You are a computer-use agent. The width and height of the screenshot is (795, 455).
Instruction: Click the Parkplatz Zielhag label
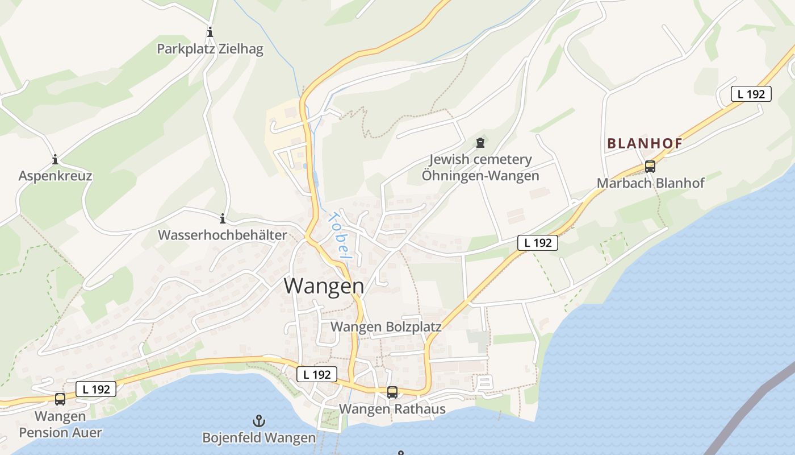210,49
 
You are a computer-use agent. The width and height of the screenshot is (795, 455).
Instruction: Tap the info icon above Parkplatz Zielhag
210,32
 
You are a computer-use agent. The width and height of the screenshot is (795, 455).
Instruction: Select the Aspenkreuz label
55,176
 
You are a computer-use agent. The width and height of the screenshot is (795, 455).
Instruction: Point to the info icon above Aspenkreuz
55,159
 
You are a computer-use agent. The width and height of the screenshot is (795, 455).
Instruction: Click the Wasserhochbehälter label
222,235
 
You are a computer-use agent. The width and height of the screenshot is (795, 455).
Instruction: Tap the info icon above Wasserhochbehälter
223,218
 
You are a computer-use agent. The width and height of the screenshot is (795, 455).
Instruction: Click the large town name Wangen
324,286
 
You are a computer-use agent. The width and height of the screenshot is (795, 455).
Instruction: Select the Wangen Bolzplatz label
386,327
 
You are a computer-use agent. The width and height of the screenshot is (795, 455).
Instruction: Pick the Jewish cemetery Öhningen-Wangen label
480,168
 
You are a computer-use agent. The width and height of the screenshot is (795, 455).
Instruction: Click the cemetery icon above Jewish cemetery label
480,142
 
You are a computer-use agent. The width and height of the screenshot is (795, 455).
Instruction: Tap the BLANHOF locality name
645,144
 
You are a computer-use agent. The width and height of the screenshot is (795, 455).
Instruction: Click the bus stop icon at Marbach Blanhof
650,167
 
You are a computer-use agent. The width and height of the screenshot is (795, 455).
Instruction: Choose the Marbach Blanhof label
650,183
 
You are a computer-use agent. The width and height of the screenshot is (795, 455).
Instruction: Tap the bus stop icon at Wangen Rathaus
392,392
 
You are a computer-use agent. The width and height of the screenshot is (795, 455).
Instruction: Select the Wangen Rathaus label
392,409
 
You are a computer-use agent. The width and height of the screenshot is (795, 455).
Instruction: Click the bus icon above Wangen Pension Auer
60,399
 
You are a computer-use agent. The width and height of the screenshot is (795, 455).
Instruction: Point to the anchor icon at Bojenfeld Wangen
259,421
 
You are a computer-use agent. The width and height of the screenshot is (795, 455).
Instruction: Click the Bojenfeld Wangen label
259,438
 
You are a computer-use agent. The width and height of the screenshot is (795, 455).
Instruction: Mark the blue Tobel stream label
338,237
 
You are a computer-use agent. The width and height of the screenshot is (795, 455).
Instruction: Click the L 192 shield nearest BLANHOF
751,94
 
